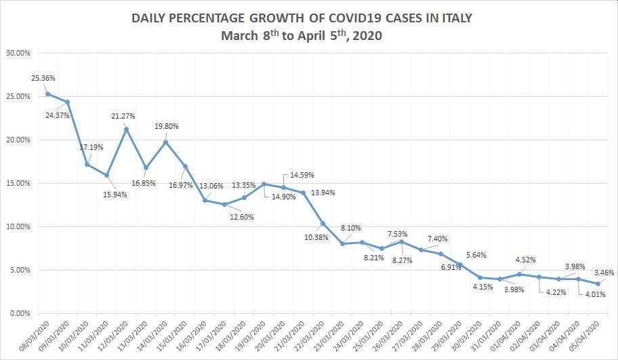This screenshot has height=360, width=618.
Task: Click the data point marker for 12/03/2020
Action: [127, 129]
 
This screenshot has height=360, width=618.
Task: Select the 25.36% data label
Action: [43, 78]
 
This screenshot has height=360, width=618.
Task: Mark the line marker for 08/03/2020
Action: [47, 94]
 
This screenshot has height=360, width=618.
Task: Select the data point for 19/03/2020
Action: [264, 184]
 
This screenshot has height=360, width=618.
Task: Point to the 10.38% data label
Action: [314, 237]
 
